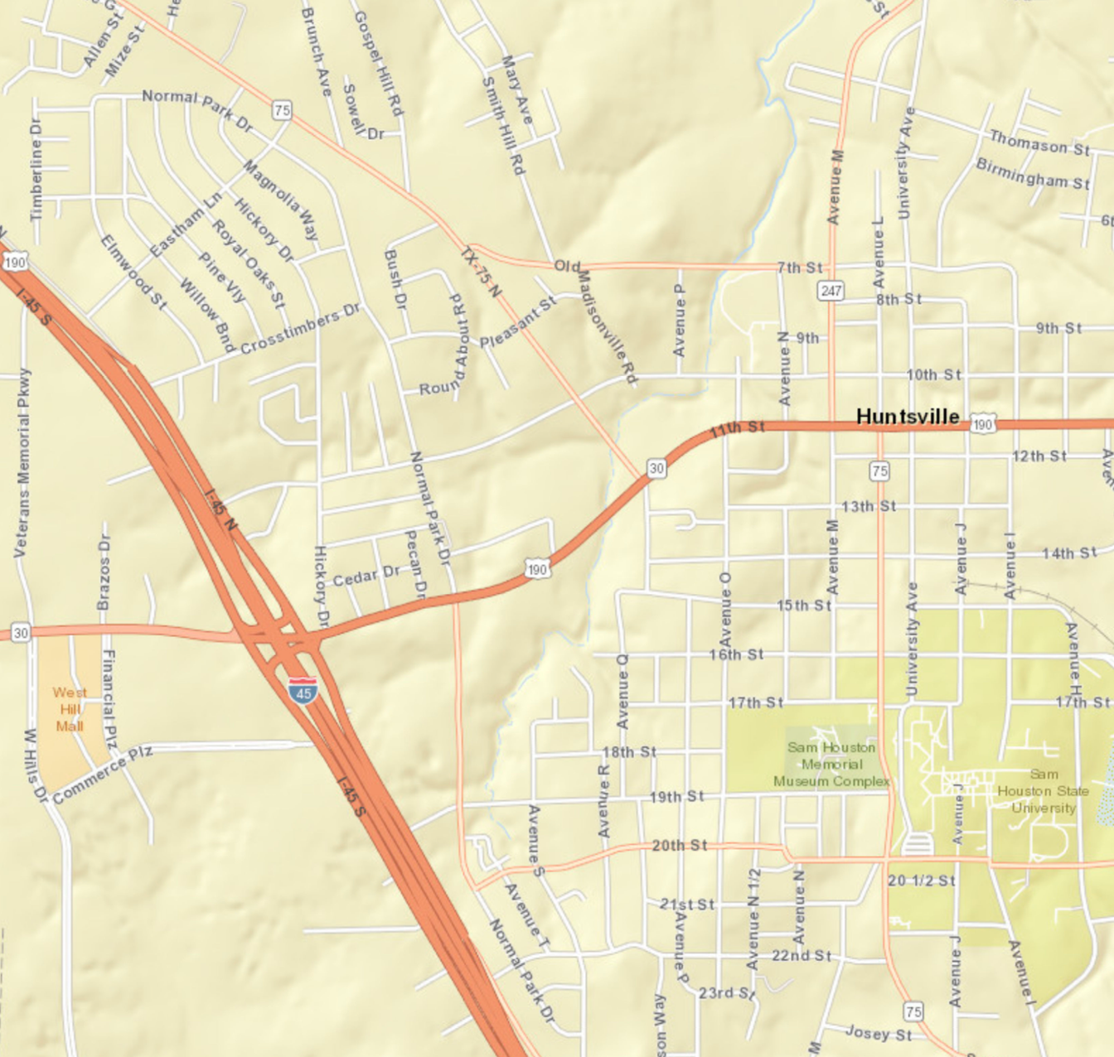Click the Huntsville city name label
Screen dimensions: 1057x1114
pyautogui.click(x=908, y=417)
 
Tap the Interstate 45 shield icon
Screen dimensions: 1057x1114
pyautogui.click(x=303, y=690)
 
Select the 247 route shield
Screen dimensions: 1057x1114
pyautogui.click(x=831, y=290)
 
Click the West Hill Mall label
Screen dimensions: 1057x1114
pyautogui.click(x=70, y=709)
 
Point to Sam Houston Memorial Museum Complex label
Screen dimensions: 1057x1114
pyautogui.click(x=831, y=764)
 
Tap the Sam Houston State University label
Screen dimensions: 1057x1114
pyautogui.click(x=1043, y=791)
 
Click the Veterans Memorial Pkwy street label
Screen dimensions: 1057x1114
pyautogui.click(x=22, y=462)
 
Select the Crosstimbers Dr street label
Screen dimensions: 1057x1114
pyautogui.click(x=300, y=329)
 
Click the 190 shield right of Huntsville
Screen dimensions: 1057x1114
pyautogui.click(x=983, y=424)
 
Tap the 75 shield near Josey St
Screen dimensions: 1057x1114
pyautogui.click(x=913, y=1011)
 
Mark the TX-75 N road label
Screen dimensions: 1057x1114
pyautogui.click(x=482, y=273)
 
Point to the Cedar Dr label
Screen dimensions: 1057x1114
pyautogui.click(x=366, y=576)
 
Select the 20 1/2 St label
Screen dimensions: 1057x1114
pyautogui.click(x=921, y=881)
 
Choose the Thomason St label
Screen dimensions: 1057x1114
pyautogui.click(x=1039, y=142)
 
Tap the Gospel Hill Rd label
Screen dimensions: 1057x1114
pyautogui.click(x=378, y=62)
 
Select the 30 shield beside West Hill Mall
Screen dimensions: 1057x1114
pyautogui.click(x=21, y=633)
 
